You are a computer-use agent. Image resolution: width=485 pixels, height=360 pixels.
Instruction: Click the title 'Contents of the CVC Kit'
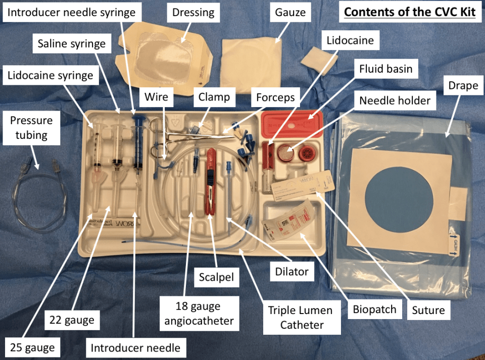pos(410,12)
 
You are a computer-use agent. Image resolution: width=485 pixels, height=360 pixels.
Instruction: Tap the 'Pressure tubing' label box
pos(31,127)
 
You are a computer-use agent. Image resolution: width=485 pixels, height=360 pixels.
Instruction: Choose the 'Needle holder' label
pos(395,100)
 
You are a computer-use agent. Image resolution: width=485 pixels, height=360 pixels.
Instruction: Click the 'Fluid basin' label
pos(385,69)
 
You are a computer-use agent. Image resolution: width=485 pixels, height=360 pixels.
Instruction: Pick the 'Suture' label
pos(428,310)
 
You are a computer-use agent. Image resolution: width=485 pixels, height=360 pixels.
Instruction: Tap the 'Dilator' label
pos(292,271)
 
